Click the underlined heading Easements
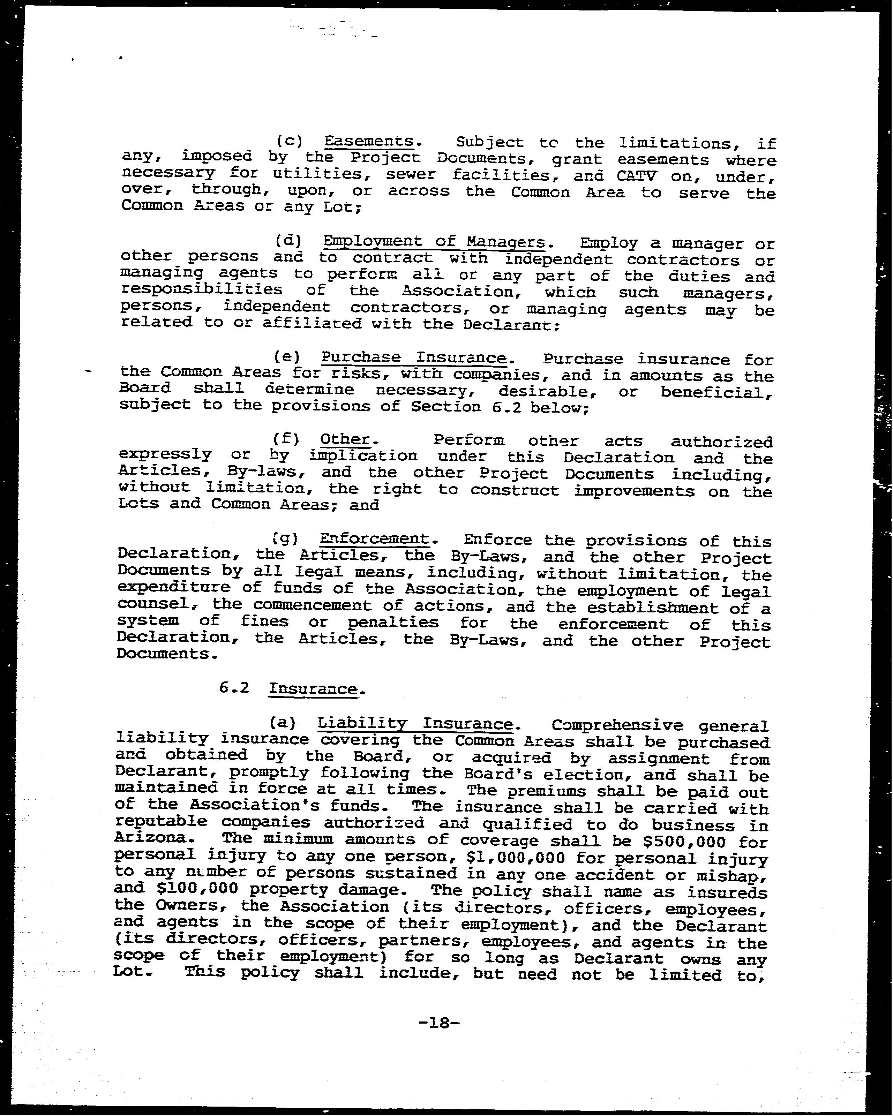[369, 141]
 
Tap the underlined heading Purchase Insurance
[413, 358]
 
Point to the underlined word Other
[345, 439]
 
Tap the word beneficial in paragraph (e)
[716, 392]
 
